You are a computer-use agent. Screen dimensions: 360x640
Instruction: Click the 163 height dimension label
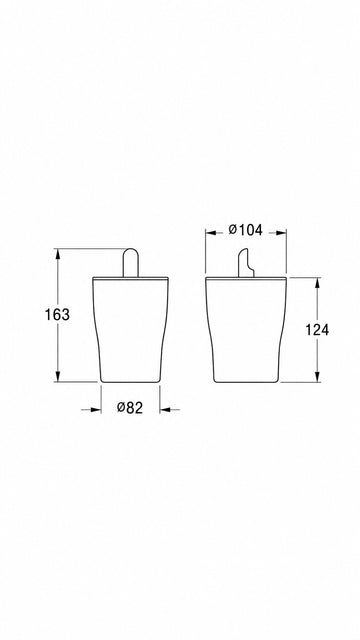57,315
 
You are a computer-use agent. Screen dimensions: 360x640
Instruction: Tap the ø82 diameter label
130,407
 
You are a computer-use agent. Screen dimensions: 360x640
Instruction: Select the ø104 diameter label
245,230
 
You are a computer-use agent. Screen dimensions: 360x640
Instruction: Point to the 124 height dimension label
317,330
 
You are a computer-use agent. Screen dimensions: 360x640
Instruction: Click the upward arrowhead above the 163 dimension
58,254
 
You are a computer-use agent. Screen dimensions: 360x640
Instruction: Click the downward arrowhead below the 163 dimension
58,376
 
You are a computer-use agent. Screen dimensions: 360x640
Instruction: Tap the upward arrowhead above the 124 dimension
317,284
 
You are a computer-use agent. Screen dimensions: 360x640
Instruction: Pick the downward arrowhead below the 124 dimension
317,376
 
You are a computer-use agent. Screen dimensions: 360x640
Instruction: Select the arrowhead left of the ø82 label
95,409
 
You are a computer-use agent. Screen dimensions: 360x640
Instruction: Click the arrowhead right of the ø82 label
166,409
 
